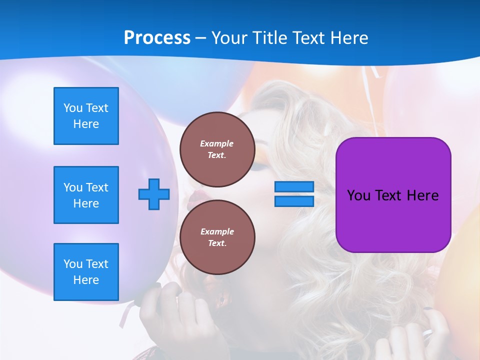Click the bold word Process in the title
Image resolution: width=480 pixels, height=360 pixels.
tap(157, 37)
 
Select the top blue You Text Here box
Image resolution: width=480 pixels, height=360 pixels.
tap(86, 116)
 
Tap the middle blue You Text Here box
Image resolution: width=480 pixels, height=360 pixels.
tap(86, 195)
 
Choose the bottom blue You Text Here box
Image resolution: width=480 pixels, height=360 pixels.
tap(86, 272)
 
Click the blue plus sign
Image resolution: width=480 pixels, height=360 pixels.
tap(154, 194)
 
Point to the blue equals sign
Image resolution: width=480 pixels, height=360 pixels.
tap(294, 194)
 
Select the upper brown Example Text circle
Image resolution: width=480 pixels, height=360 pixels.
tap(217, 149)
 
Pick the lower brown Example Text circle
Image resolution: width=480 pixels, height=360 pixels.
tap(217, 237)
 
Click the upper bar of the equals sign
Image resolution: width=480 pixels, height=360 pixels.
tap(294, 187)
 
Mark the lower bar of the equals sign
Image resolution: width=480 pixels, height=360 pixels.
tap(294, 201)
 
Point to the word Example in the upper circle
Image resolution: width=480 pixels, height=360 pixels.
tap(217, 143)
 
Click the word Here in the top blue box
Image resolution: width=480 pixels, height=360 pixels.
tap(86, 124)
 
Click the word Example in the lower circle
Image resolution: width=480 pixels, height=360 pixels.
tap(217, 231)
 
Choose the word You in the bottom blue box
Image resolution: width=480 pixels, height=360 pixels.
tap(73, 264)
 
